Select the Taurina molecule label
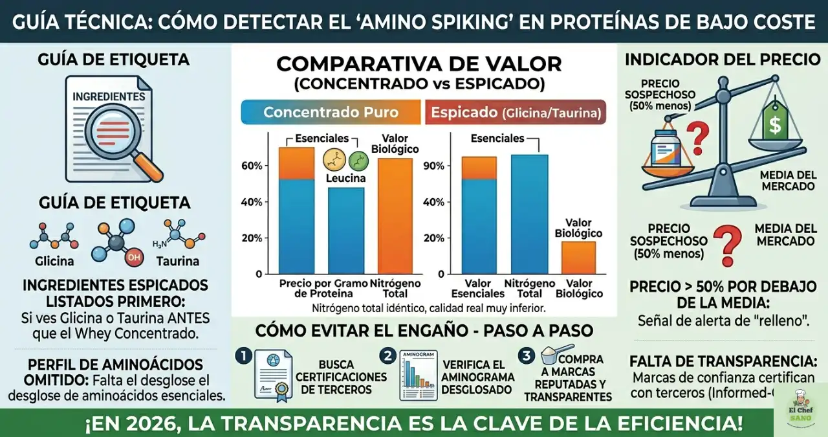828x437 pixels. pos(177,262)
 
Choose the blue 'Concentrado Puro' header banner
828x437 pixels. pos(331,112)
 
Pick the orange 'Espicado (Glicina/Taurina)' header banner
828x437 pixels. pos(515,112)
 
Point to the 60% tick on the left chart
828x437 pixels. pos(252,166)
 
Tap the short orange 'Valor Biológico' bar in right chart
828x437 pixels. pos(578,257)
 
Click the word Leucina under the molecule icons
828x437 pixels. pos(345,178)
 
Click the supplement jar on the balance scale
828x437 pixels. pos(668,148)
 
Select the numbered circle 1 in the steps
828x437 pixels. pos(243,355)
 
